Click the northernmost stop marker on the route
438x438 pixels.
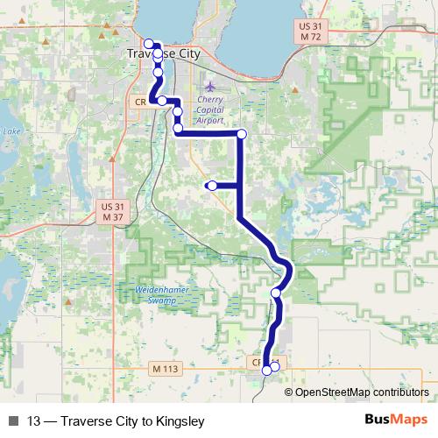149,44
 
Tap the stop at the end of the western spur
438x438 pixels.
212,186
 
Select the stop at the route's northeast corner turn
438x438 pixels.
242,133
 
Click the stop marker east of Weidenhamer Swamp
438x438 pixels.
277,293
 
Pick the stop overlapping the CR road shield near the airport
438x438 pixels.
162,102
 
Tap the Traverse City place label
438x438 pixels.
163,54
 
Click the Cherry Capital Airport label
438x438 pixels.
210,110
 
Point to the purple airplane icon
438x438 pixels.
210,86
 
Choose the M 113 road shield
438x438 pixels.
163,369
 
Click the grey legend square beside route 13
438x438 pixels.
13,420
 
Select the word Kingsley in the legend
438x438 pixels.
179,420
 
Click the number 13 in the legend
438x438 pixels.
34,420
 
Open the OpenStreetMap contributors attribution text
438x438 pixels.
361,392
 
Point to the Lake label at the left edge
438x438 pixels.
11,132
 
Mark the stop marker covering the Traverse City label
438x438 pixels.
158,54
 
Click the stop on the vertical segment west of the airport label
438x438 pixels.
178,112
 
